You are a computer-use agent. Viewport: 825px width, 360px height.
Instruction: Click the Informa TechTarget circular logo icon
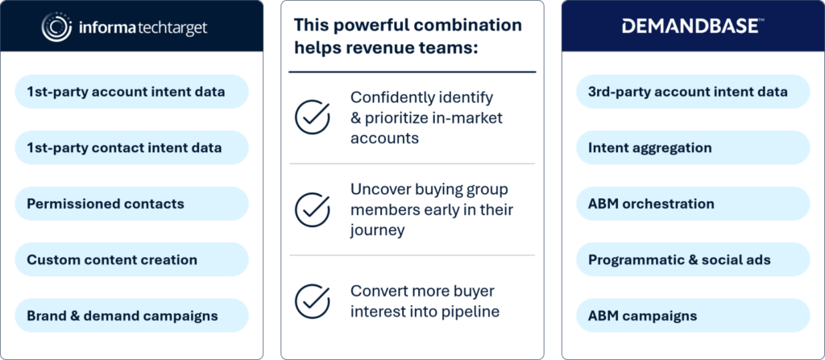click(57, 27)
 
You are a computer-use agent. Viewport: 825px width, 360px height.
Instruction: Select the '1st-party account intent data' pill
click(131, 92)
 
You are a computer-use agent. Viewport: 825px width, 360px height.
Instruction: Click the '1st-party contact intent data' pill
click(131, 148)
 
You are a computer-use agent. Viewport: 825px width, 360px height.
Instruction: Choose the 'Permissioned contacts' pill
click(131, 204)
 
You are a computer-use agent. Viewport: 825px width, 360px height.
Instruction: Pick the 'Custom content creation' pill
click(131, 259)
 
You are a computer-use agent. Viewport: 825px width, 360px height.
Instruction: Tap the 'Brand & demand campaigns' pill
click(131, 316)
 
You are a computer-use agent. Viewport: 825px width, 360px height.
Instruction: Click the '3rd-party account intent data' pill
click(693, 92)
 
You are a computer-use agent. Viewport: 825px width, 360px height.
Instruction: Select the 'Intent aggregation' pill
click(693, 148)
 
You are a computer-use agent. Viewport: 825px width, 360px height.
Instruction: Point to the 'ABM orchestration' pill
click(693, 204)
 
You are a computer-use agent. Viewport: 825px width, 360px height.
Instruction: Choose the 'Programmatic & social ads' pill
click(693, 259)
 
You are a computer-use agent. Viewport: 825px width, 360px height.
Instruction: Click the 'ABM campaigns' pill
click(693, 316)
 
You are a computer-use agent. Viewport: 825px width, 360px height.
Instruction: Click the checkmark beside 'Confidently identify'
click(313, 118)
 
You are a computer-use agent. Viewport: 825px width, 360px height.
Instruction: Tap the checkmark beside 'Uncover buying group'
click(313, 209)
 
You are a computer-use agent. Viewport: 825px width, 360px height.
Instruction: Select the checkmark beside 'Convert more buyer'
click(313, 301)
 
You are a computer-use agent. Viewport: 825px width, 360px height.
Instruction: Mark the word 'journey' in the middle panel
click(378, 230)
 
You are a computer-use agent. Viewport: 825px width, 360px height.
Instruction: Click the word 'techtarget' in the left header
click(172, 27)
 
